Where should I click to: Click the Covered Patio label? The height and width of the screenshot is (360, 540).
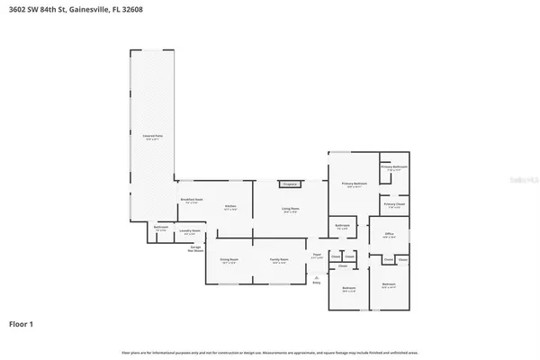point(150,138)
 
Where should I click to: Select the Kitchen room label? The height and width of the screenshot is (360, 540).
point(230,207)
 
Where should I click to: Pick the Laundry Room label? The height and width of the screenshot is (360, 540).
point(189,232)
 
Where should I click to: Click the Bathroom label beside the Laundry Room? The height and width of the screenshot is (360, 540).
point(160,229)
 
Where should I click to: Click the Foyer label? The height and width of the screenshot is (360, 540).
point(316,256)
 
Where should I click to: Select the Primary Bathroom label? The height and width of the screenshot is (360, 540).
point(394,168)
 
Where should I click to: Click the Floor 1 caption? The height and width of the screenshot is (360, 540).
point(22,323)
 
